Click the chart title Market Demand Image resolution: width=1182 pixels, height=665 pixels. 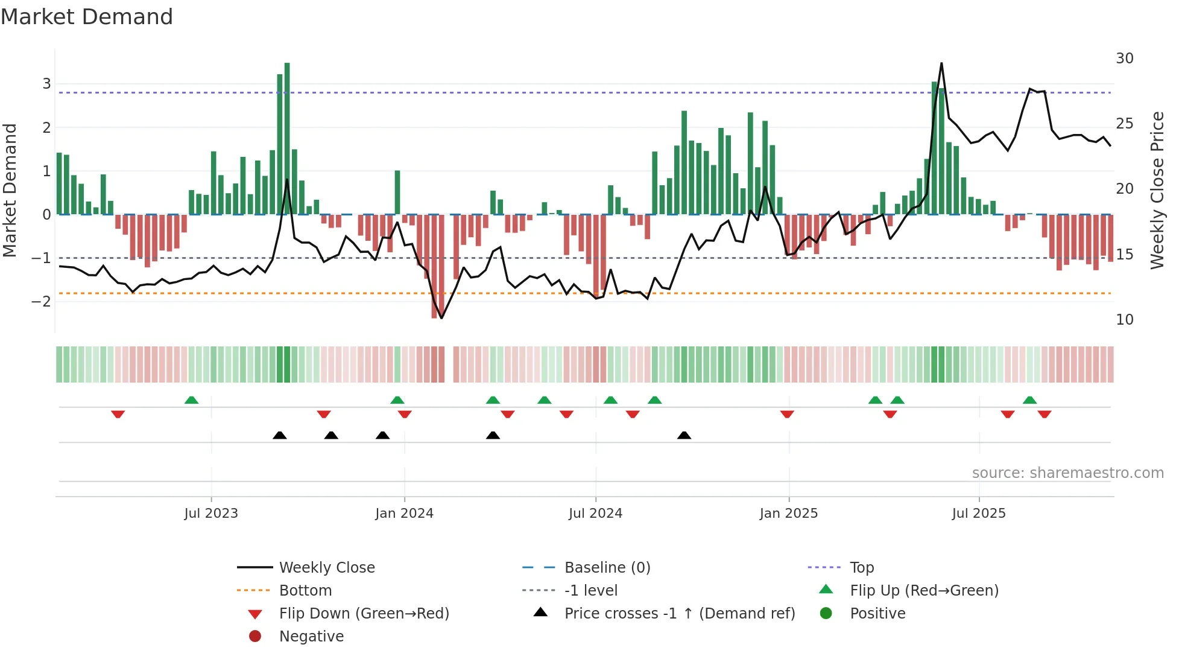coord(87,17)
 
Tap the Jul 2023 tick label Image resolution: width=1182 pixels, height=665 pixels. coord(211,514)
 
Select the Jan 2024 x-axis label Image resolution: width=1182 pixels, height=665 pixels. coord(404,514)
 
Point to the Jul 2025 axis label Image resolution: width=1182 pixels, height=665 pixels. coord(979,514)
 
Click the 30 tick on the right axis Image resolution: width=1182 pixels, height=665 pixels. coord(1124,59)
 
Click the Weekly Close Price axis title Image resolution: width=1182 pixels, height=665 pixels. coord(1157,190)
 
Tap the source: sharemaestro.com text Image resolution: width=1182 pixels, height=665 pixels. coord(1067,473)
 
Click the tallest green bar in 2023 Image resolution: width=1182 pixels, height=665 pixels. coord(287,139)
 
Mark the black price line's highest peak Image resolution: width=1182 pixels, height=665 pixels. coord(941,63)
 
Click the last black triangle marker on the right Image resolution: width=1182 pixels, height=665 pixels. coord(684,435)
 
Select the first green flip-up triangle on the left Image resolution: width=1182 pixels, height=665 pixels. coord(191,400)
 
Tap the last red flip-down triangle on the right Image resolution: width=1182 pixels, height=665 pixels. coord(1045,414)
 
